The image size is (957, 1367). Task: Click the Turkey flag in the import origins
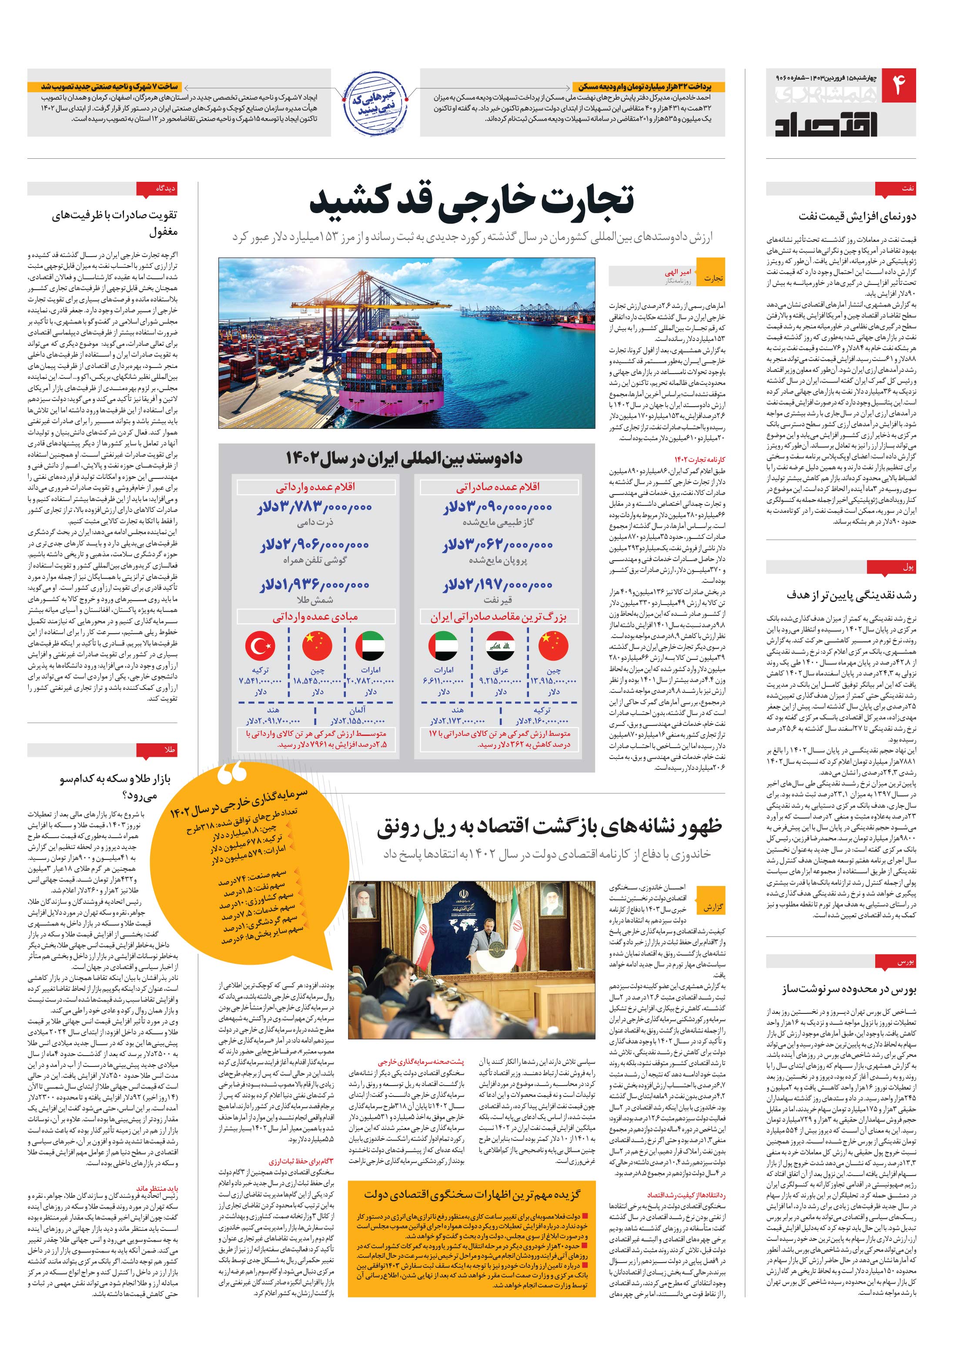(x=260, y=645)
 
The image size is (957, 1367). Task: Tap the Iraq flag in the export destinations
(x=500, y=645)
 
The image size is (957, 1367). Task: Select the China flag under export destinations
(x=553, y=645)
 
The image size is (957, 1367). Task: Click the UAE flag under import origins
(x=370, y=645)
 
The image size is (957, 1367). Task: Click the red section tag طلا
(x=169, y=751)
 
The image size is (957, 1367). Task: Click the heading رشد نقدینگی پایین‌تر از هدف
(x=852, y=595)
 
